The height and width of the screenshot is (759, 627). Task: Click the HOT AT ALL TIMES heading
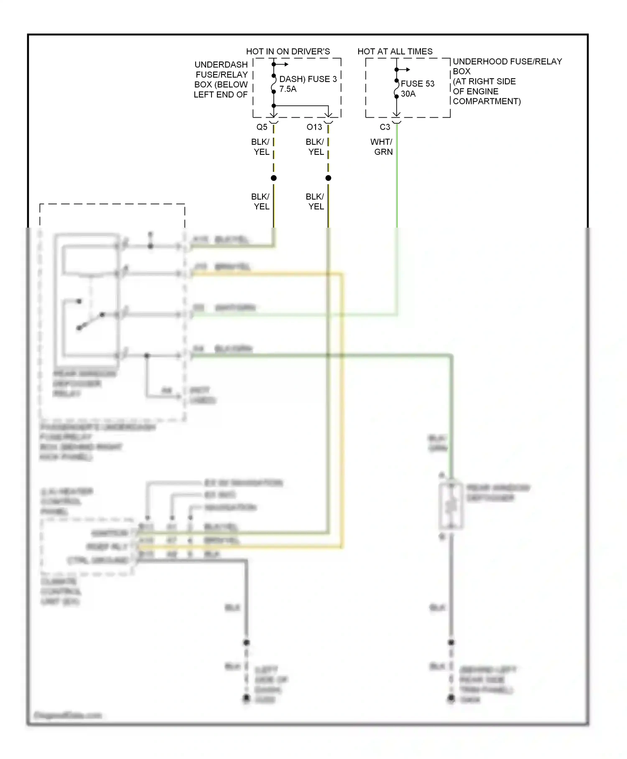click(x=395, y=51)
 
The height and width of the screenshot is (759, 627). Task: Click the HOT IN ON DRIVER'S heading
click(x=288, y=51)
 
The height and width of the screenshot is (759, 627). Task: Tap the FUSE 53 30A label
click(x=417, y=89)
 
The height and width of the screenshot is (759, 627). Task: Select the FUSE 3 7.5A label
click(x=308, y=84)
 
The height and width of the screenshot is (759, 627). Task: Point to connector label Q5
click(x=262, y=127)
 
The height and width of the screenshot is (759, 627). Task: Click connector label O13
click(x=314, y=127)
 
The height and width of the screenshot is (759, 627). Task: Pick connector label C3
click(x=385, y=127)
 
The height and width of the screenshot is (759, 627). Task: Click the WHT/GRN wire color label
click(x=382, y=147)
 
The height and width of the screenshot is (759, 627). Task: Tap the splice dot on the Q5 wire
click(x=274, y=178)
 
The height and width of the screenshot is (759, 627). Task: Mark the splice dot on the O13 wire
click(x=328, y=178)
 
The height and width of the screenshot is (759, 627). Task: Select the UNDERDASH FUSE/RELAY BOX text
click(x=221, y=79)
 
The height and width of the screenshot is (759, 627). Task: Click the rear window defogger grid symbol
click(x=451, y=506)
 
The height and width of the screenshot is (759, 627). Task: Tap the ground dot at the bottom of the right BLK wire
click(x=451, y=697)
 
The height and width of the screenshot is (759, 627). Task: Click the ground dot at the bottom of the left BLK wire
click(x=247, y=697)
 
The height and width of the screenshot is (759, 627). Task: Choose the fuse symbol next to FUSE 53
click(x=396, y=88)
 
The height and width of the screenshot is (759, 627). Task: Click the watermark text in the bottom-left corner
click(x=67, y=715)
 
